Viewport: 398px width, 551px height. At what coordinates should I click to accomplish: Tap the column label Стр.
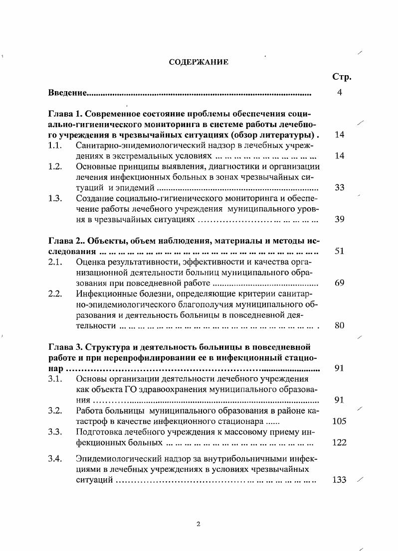click(342, 77)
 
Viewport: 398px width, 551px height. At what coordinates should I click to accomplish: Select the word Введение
click(68, 93)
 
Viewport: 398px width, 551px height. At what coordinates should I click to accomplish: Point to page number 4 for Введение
click(339, 93)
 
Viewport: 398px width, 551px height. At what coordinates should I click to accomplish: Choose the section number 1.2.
click(55, 166)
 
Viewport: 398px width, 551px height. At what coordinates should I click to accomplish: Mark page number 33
click(340, 188)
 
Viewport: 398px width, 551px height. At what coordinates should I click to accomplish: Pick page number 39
click(340, 219)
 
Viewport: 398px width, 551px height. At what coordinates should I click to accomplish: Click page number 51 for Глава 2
click(340, 252)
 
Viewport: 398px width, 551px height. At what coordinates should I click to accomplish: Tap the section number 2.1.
click(55, 262)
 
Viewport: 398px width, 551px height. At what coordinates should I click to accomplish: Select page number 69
click(340, 283)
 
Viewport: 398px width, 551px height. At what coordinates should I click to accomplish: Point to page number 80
click(340, 326)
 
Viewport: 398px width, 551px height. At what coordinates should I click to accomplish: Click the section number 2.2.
click(55, 293)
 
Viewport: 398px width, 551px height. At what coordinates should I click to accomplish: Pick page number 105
click(339, 421)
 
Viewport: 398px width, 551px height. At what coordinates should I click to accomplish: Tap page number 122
click(339, 442)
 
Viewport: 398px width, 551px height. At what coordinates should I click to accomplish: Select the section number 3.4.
click(55, 458)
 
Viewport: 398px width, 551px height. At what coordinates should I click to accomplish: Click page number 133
click(339, 480)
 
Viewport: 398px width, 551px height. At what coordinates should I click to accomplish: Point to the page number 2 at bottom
click(199, 524)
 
